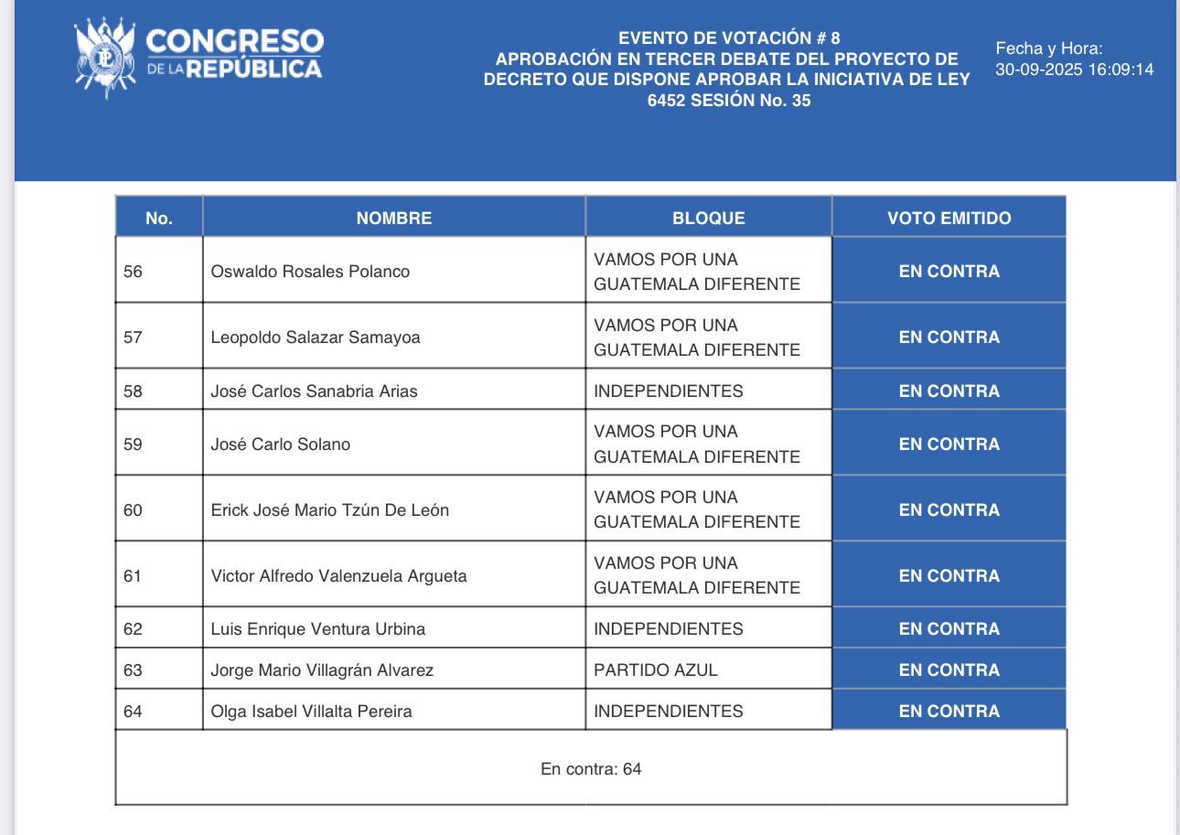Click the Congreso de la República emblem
point(105,56)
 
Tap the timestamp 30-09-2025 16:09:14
point(1074,69)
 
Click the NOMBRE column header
point(393,219)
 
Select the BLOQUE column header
point(708,219)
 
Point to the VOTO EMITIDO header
point(949,219)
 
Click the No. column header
point(158,219)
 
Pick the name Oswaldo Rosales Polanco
point(310,272)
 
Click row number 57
point(134,337)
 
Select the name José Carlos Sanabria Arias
point(314,391)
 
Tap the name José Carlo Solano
point(280,444)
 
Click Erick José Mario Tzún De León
point(329,510)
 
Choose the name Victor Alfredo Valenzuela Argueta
point(338,576)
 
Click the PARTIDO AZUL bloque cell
point(655,670)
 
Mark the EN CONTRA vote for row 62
point(949,629)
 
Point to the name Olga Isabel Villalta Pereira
point(311,712)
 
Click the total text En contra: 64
point(591,769)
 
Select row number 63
point(134,670)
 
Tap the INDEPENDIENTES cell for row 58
point(668,391)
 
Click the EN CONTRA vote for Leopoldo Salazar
point(949,337)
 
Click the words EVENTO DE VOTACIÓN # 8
point(728,38)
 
